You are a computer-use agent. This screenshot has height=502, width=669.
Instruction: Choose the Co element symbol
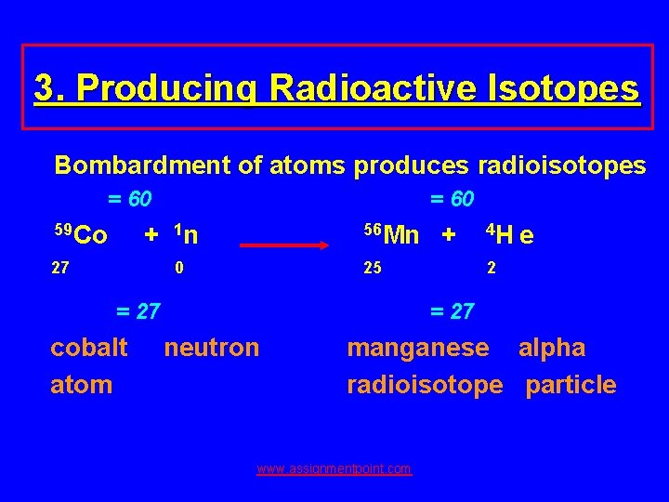(90, 236)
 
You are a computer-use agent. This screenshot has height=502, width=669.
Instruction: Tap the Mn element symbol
(401, 236)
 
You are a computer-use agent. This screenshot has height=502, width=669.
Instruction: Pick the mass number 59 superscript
(61, 228)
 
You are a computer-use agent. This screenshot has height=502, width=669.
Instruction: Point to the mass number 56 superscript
(373, 228)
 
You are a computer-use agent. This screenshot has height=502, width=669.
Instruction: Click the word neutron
(212, 348)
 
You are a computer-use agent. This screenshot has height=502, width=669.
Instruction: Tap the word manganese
(417, 348)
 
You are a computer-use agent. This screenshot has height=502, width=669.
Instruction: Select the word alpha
(552, 348)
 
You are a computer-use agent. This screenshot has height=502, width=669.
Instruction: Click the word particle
(571, 385)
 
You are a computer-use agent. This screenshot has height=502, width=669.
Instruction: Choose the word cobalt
(89, 348)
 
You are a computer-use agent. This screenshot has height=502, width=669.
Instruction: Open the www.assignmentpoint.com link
(334, 469)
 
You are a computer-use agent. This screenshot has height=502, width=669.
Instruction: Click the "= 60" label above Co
(130, 199)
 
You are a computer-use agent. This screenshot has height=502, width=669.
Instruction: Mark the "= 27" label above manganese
(452, 310)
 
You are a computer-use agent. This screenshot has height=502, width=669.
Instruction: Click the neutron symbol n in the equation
(190, 236)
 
